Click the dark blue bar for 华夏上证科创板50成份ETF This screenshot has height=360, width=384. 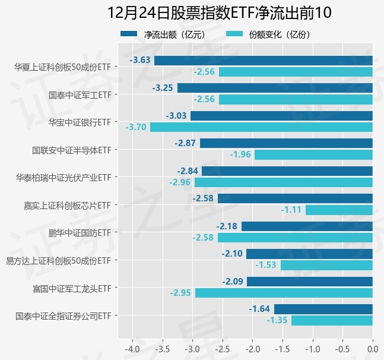click(x=263, y=61)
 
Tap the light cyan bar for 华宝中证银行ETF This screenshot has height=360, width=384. click(x=261, y=127)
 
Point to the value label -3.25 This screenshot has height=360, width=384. click(x=163, y=88)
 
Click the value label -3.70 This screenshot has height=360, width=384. click(x=136, y=127)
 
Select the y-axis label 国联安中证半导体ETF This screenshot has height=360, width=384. click(x=71, y=150)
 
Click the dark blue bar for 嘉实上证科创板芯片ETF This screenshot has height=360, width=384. click(x=295, y=198)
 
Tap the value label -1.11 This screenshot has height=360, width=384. click(x=291, y=210)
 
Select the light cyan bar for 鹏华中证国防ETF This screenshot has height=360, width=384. click(x=295, y=238)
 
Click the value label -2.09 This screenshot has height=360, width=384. click(x=233, y=282)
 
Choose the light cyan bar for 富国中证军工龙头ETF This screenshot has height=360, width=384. click(x=284, y=293)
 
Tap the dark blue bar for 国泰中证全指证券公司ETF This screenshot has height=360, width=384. click(x=323, y=309)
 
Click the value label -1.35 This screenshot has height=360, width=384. click(x=277, y=321)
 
